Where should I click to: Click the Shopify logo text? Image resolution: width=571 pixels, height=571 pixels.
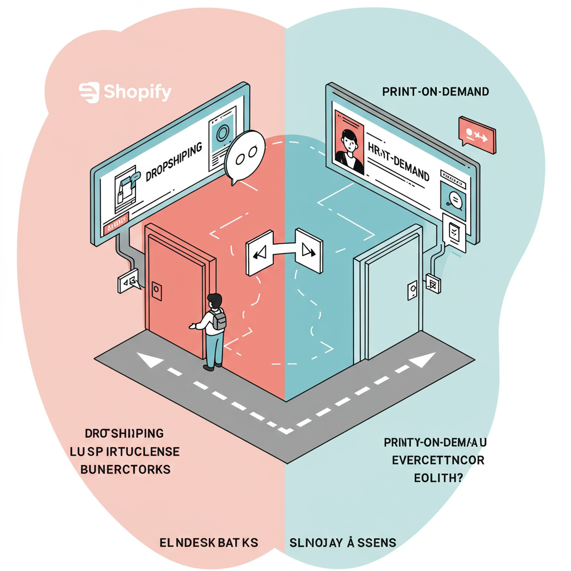pyautogui.click(x=125, y=92)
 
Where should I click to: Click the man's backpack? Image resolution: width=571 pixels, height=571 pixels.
pyautogui.click(x=219, y=320)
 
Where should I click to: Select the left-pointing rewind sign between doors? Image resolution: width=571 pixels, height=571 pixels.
pyautogui.click(x=259, y=255)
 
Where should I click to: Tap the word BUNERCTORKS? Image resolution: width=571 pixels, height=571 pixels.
pyautogui.click(x=125, y=469)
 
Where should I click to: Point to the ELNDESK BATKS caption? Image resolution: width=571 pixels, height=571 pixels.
pyautogui.click(x=208, y=542)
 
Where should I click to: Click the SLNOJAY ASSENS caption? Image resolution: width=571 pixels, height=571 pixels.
pyautogui.click(x=342, y=542)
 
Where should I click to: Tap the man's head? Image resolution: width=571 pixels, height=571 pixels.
pyautogui.click(x=214, y=302)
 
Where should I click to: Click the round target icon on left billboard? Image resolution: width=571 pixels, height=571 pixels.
pyautogui.click(x=222, y=134)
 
